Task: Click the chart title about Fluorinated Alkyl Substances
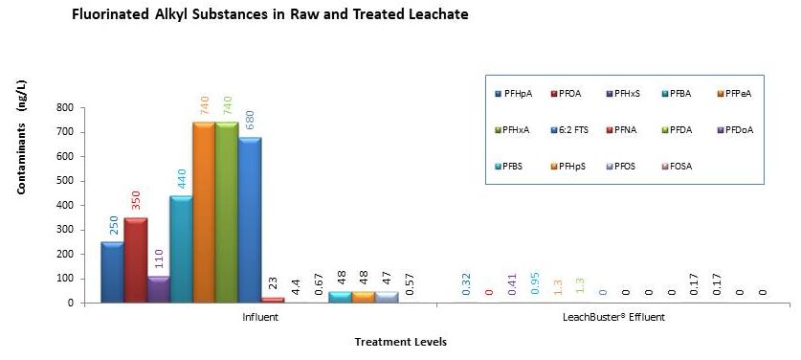271,16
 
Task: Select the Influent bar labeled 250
112,272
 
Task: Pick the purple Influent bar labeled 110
158,289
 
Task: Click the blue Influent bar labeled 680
250,220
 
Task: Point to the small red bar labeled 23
273,300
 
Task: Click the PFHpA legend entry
515,93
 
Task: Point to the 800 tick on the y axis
66,107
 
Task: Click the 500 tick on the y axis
66,181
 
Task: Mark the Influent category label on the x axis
261,317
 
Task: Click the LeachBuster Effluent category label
612,317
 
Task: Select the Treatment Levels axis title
400,342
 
